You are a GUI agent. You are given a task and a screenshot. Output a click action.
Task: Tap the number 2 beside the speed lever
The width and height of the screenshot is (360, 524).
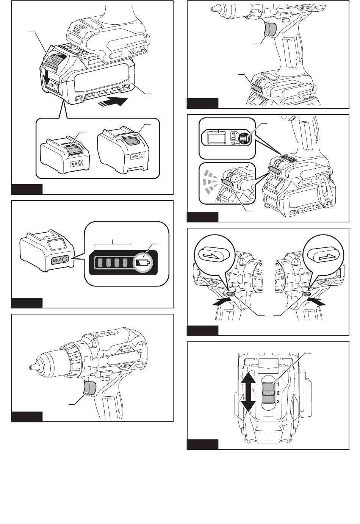(278, 393)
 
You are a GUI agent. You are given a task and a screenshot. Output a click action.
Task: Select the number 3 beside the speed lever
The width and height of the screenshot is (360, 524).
(278, 401)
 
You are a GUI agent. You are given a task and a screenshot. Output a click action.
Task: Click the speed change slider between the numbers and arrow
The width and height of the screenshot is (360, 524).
(268, 393)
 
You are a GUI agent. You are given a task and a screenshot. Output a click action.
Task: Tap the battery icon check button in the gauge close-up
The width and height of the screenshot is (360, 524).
(143, 262)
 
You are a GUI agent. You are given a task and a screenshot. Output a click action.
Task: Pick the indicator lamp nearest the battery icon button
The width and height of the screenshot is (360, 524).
(125, 262)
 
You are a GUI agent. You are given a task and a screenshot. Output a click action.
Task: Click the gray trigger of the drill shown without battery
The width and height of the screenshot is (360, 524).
(89, 388)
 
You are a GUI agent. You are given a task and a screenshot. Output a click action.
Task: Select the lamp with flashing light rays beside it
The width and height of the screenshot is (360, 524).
(227, 183)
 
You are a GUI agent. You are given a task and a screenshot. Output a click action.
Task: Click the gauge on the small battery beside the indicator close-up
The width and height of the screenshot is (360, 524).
(59, 260)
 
